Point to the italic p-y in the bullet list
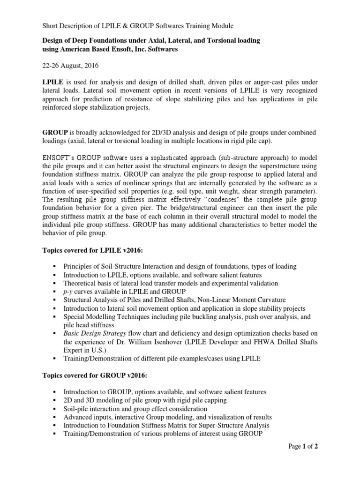68,292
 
